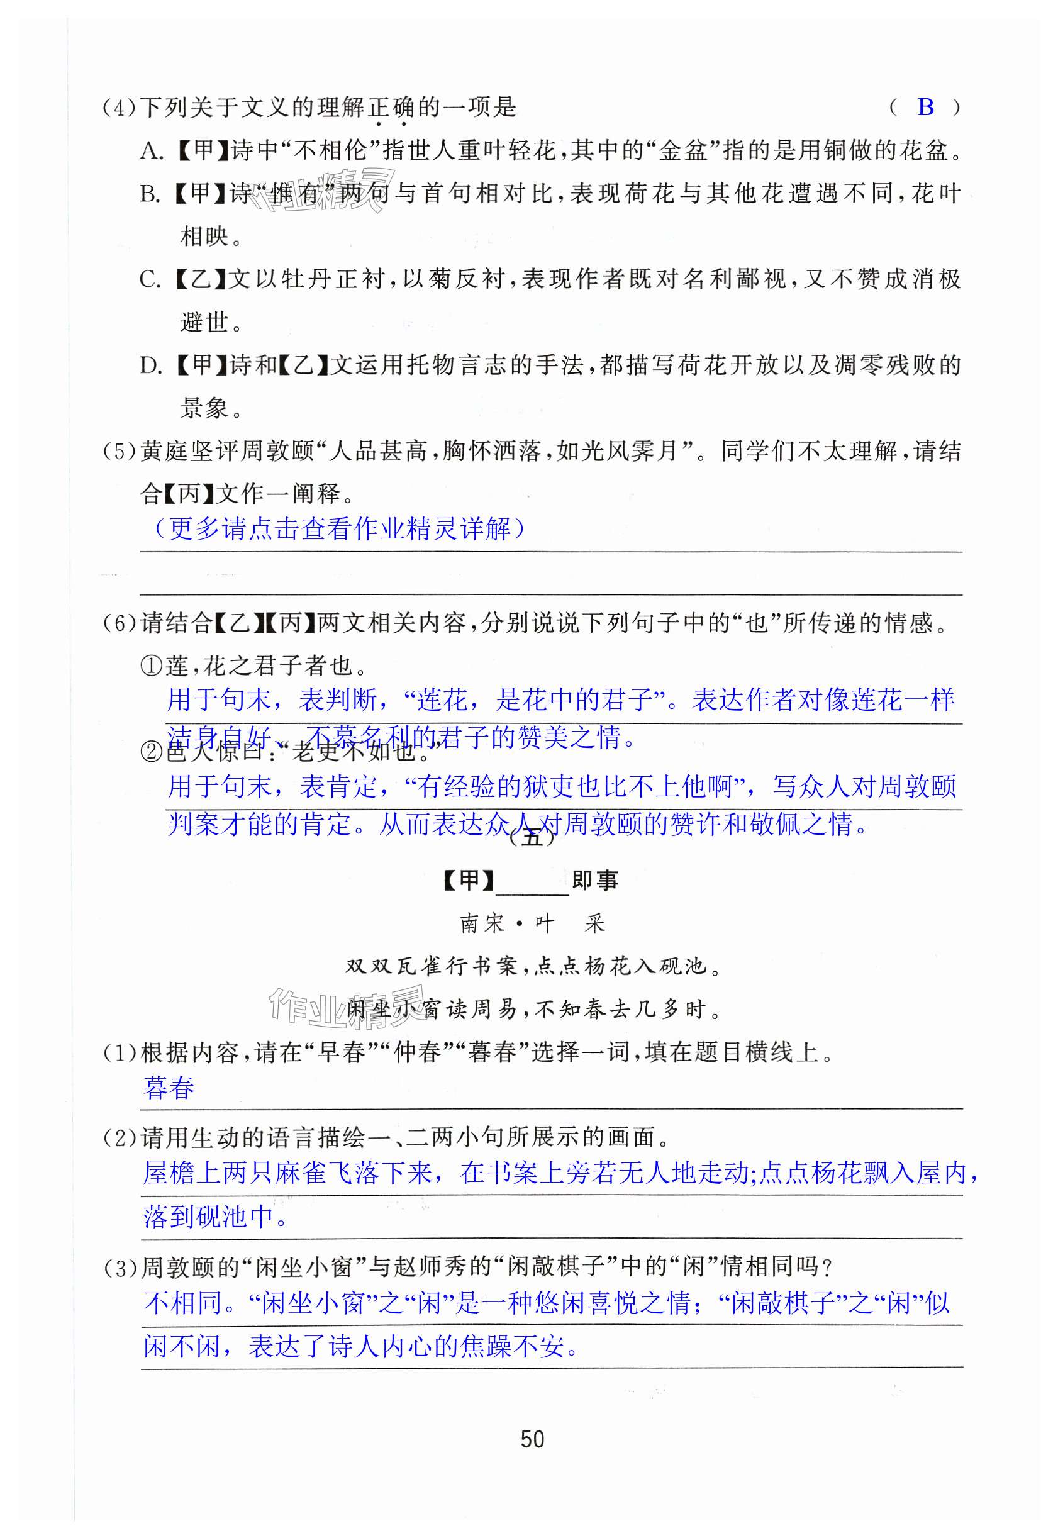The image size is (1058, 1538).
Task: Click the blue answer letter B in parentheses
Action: [925, 107]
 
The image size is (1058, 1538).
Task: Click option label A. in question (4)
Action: [152, 151]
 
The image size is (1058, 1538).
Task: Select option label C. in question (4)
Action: [150, 280]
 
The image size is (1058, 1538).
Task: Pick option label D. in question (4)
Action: [151, 365]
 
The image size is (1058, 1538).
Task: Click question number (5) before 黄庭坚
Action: [120, 452]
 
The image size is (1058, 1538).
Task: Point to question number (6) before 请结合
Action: [120, 623]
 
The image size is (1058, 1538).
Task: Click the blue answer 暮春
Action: [169, 1088]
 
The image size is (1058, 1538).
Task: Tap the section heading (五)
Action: [532, 838]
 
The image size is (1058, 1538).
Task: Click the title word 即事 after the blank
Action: [594, 881]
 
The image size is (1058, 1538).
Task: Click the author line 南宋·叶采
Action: [532, 923]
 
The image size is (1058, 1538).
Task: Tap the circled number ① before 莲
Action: [152, 666]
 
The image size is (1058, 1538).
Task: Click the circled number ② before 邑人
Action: [152, 751]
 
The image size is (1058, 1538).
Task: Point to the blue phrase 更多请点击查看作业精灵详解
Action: [340, 528]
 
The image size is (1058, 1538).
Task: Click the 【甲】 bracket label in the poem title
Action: [468, 881]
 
